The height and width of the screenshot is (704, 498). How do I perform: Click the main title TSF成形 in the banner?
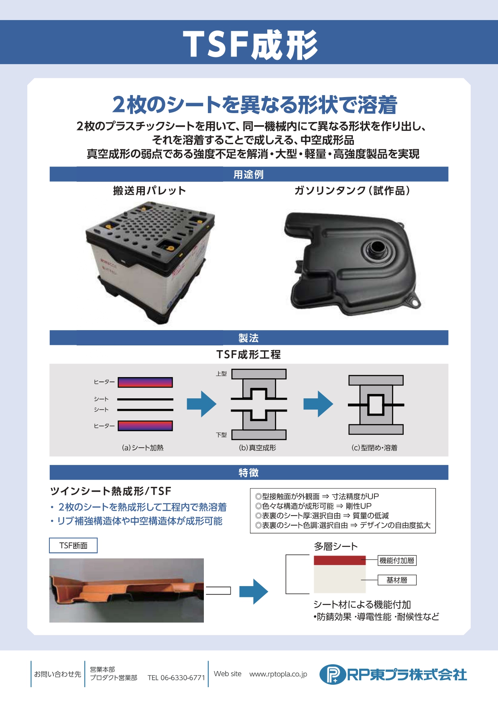tap(250, 45)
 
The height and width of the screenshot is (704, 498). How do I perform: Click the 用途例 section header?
tap(249, 174)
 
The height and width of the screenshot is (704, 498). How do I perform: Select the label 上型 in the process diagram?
tap(222, 373)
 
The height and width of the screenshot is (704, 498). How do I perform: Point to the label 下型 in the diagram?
tap(222, 434)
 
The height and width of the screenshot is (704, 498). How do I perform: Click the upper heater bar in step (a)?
tap(145, 382)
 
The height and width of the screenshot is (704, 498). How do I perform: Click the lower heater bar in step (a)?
tap(145, 426)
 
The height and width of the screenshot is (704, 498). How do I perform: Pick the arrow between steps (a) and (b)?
tap(201, 404)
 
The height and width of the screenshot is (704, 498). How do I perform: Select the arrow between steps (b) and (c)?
tap(318, 404)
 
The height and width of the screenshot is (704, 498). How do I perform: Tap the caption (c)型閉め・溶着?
tap(374, 448)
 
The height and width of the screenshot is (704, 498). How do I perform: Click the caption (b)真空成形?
tap(258, 448)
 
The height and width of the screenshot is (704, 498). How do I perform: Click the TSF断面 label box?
tap(73, 546)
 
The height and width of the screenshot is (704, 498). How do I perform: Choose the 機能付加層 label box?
tap(397, 560)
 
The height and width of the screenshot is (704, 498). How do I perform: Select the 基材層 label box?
tap(397, 580)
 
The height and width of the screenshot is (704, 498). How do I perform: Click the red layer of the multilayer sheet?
tap(339, 560)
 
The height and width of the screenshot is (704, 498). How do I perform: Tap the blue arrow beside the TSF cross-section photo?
tap(254, 591)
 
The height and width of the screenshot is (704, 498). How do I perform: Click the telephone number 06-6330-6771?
tap(183, 678)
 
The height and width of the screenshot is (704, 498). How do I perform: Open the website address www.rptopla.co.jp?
tap(278, 674)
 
